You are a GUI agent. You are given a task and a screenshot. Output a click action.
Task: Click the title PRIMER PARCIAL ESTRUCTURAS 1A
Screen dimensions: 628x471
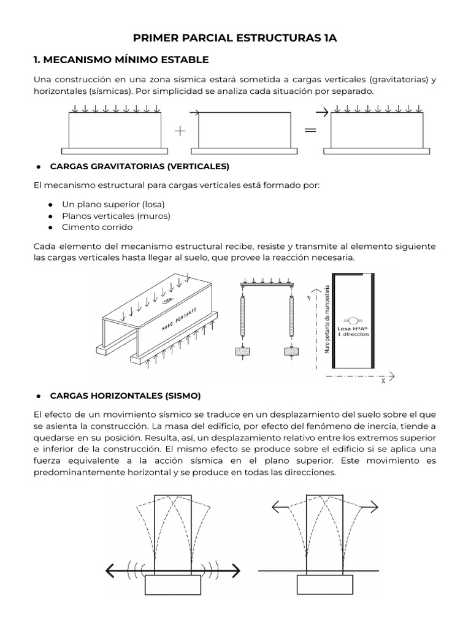tap(235, 38)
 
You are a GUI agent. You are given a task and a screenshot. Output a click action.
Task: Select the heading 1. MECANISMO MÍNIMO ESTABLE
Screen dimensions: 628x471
tap(120, 59)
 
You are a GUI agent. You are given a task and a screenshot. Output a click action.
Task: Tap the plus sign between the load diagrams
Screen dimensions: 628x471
tap(179, 131)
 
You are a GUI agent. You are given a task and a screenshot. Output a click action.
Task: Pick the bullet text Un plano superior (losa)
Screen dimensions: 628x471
tap(113, 204)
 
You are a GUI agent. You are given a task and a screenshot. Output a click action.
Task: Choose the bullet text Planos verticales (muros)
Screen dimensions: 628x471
tap(116, 215)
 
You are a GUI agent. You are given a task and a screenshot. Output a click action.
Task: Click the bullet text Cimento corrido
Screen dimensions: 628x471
tap(97, 227)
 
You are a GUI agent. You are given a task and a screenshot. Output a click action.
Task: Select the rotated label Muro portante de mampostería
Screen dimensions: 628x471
tap(328, 319)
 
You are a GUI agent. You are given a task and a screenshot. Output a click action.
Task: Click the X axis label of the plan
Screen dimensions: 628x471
tap(383, 381)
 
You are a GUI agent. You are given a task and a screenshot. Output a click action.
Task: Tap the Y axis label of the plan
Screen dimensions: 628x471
tap(308, 296)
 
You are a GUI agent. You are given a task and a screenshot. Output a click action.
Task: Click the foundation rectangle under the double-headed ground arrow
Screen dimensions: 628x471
tap(170, 585)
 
